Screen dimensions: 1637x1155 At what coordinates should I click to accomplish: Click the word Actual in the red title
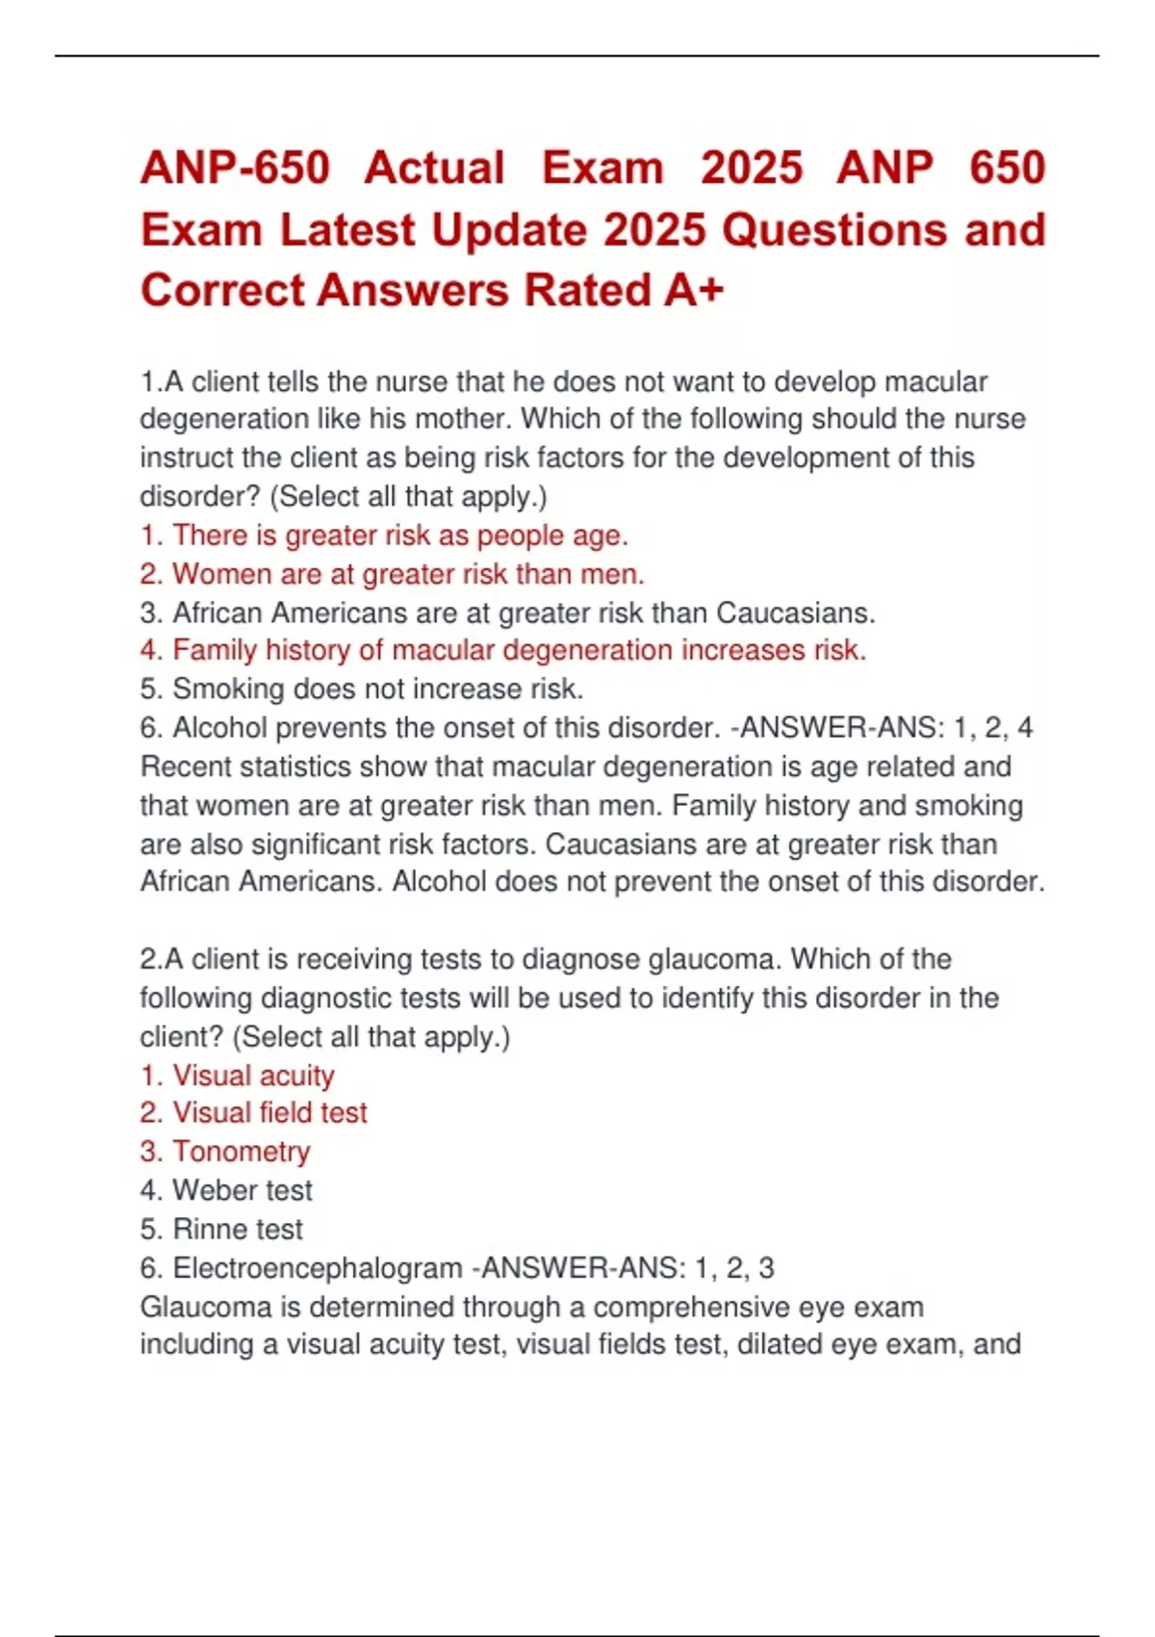click(x=434, y=169)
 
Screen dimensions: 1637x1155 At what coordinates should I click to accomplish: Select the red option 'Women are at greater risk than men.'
click(x=392, y=574)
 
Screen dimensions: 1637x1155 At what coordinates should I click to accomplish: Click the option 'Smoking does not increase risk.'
click(x=362, y=689)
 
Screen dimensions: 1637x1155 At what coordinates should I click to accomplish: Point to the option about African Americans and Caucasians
click(x=507, y=612)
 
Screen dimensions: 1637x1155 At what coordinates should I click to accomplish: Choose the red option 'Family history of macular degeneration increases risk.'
click(x=502, y=651)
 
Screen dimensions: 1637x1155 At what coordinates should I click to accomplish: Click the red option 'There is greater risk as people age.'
click(x=383, y=535)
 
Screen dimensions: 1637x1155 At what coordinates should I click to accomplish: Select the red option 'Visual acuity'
click(x=237, y=1076)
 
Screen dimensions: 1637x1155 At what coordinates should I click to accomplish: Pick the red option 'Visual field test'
click(x=253, y=1113)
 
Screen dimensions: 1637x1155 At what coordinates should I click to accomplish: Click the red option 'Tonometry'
click(x=225, y=1152)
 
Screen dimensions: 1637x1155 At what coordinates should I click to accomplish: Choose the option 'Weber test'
click(x=226, y=1191)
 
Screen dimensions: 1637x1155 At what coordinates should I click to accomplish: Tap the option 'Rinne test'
click(x=221, y=1230)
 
